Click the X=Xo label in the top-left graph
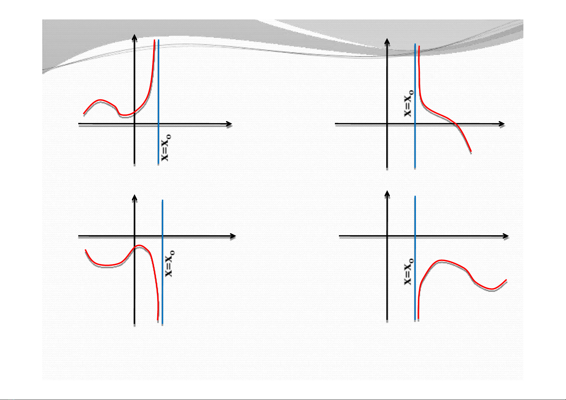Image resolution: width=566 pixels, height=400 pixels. click(x=166, y=148)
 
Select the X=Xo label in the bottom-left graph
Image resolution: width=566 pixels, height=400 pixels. click(x=170, y=263)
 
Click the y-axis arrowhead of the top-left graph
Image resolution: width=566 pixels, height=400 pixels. click(x=134, y=37)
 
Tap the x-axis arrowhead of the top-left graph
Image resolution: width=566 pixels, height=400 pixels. click(x=229, y=124)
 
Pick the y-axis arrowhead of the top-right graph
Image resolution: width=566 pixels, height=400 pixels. click(x=387, y=42)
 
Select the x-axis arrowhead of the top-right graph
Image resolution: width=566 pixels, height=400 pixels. click(x=502, y=124)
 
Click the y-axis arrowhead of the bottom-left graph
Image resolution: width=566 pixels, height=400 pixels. click(x=134, y=198)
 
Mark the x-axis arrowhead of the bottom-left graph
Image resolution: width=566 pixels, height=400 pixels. click(x=233, y=236)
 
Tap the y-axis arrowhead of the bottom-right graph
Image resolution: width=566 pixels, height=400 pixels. click(x=387, y=194)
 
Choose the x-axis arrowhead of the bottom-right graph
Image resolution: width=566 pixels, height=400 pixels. click(x=506, y=236)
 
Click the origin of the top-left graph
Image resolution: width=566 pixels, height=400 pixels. click(x=134, y=124)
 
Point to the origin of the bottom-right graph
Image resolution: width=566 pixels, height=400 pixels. click(x=387, y=236)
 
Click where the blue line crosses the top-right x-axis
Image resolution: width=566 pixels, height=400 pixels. click(x=415, y=124)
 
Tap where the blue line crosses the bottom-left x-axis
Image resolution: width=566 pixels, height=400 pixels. click(x=163, y=236)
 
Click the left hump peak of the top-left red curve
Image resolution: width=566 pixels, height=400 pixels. click(x=100, y=100)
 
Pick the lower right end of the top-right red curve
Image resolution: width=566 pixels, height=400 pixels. click(x=471, y=151)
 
